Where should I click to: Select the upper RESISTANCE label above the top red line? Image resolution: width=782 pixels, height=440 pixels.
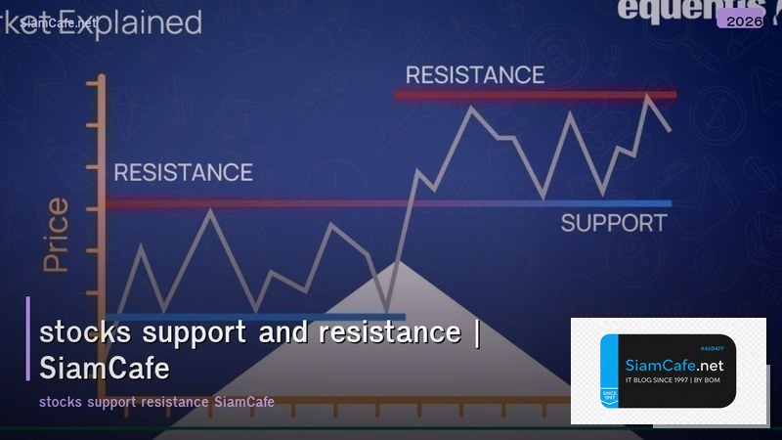pyautogui.click(x=474, y=74)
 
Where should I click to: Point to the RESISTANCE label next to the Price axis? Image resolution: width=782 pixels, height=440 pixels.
pyautogui.click(x=183, y=173)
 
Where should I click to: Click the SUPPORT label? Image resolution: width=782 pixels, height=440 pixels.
pyautogui.click(x=613, y=223)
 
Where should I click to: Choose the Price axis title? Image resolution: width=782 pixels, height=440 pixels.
pyautogui.click(x=57, y=235)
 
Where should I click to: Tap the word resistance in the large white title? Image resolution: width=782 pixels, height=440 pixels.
pyautogui.click(x=389, y=332)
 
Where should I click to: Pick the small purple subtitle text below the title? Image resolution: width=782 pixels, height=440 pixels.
pyautogui.click(x=156, y=402)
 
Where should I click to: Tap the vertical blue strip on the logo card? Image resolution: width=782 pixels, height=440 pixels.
pyautogui.click(x=608, y=372)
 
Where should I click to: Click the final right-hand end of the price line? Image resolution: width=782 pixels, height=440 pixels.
pyautogui.click(x=670, y=130)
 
